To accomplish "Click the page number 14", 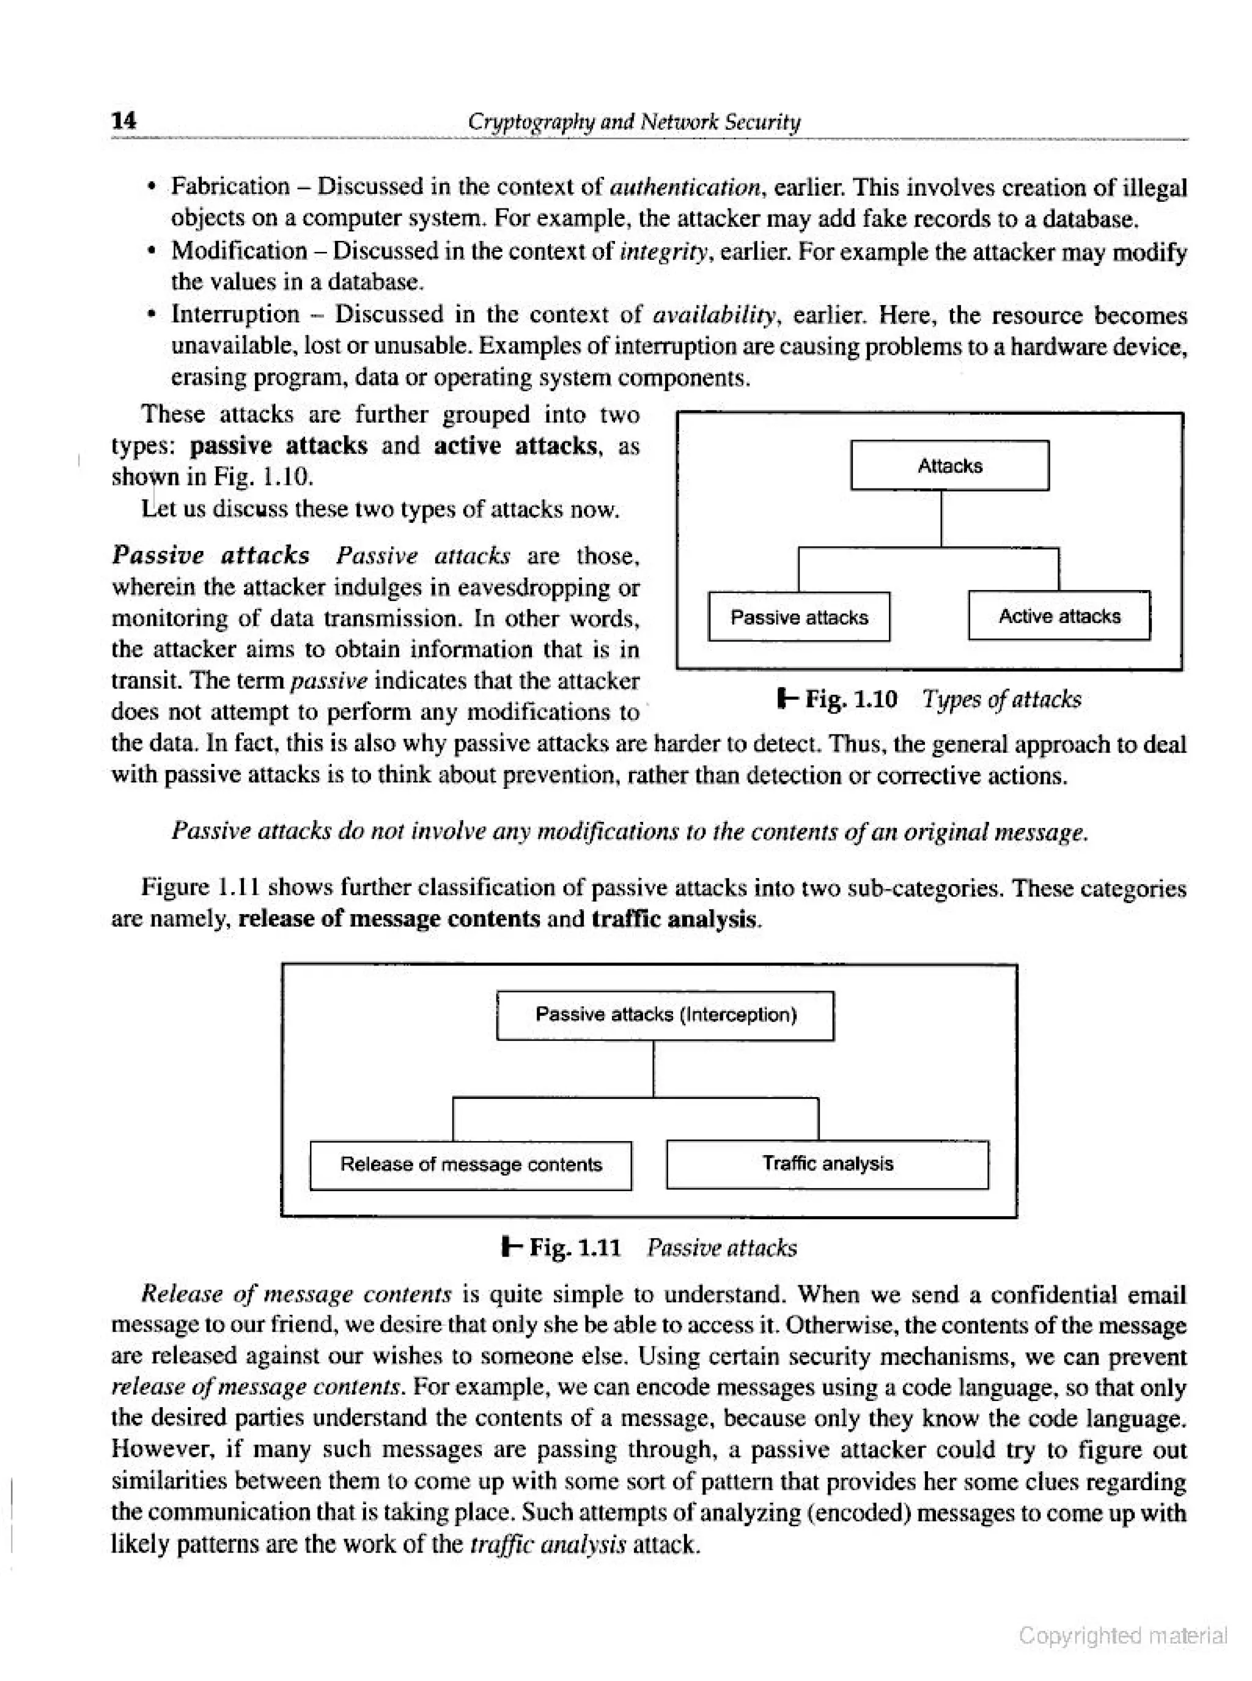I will (123, 120).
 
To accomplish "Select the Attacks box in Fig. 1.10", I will (949, 465).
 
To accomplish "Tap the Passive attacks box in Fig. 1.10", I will (799, 617).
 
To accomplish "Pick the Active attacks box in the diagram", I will (1059, 616).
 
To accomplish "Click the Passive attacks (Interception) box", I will (665, 1015).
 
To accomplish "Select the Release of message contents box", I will (471, 1164).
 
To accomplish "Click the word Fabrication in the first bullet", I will (230, 187).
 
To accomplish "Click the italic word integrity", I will (664, 250).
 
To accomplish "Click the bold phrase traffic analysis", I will (674, 919).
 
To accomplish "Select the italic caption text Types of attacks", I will (1001, 699).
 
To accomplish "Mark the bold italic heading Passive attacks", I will (211, 555).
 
